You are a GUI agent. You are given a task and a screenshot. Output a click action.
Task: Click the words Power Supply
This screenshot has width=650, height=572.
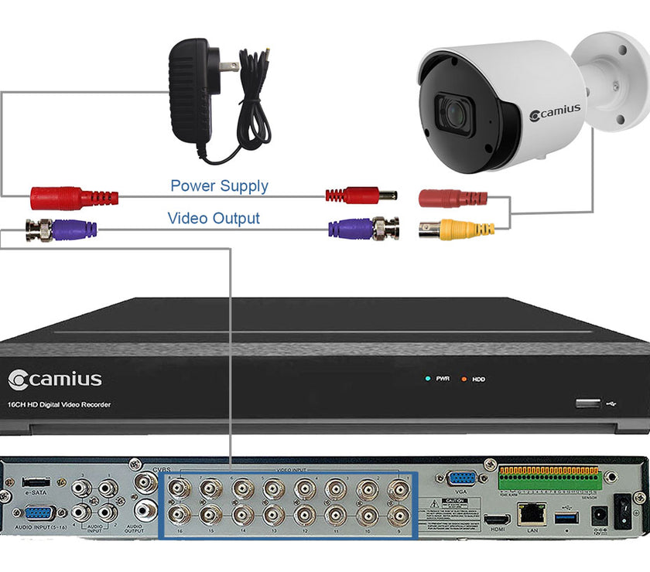pos(219,186)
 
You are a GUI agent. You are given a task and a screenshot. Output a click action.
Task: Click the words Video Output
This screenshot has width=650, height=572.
pos(214,219)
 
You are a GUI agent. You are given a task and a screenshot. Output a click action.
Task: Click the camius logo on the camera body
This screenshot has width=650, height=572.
pos(555,113)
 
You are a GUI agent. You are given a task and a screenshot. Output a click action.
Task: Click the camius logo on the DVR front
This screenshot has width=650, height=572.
pos(55,380)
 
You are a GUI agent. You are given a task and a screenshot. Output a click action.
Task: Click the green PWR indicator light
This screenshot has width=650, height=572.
pos(426,379)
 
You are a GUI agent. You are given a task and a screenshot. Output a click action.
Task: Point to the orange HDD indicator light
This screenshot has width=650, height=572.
pos(464,379)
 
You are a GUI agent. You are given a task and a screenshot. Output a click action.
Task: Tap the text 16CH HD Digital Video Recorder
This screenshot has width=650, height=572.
pos(60,405)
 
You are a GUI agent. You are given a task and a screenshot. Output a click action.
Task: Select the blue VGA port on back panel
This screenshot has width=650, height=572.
pos(462,478)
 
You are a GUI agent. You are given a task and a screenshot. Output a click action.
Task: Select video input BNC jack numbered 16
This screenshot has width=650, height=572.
pos(180,514)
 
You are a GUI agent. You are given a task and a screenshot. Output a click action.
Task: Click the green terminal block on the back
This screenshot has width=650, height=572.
pos(549,480)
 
